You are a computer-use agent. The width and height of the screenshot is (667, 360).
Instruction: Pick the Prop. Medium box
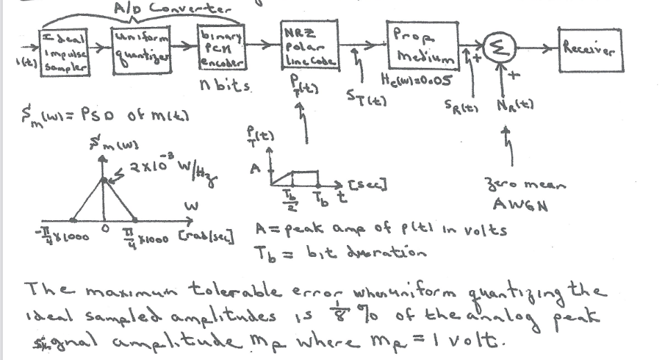421,44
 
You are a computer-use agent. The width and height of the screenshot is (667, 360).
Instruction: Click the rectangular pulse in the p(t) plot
305,179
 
